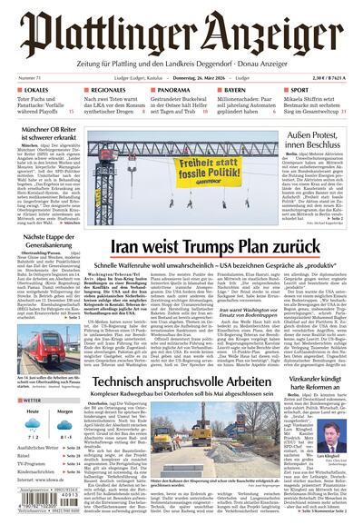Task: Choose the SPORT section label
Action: pos(302,92)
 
